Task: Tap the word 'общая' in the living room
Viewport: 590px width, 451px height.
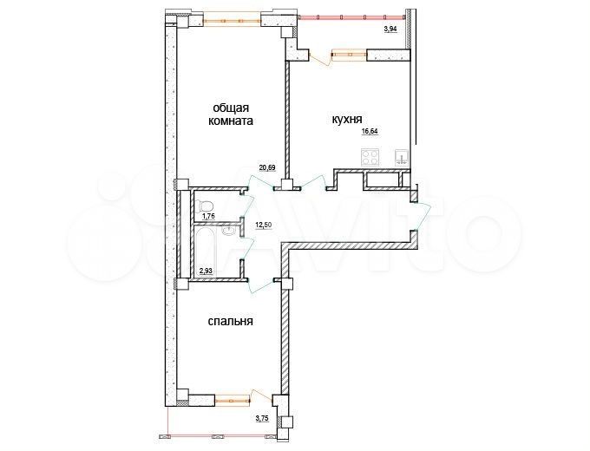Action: (230, 108)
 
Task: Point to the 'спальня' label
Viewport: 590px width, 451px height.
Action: (230, 321)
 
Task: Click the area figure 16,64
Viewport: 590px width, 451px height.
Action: (370, 131)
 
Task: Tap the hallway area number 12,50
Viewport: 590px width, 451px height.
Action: (263, 224)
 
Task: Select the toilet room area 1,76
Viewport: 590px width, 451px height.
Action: (208, 217)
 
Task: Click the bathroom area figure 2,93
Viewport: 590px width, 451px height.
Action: (207, 271)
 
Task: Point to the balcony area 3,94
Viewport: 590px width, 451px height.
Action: (393, 29)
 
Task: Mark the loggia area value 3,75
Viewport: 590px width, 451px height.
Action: (262, 417)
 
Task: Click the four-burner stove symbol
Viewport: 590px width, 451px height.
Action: (370, 157)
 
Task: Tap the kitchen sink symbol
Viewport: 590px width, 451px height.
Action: (401, 157)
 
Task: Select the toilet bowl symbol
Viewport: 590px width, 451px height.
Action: (206, 205)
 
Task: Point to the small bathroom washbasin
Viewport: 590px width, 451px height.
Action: (227, 231)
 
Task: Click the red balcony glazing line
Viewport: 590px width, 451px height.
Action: (351, 16)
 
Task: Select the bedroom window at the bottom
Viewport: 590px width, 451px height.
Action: (233, 398)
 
